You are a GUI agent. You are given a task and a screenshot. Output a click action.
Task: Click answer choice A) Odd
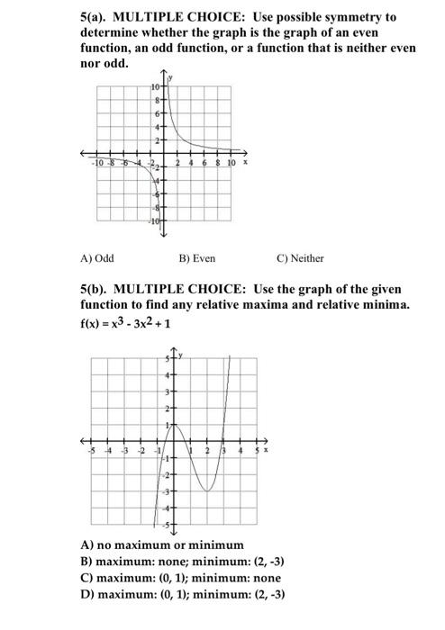[96, 258]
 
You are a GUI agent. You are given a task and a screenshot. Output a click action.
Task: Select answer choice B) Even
[196, 258]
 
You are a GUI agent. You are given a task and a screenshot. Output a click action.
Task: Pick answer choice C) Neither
[300, 258]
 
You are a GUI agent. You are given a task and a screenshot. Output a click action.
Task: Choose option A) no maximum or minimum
[162, 544]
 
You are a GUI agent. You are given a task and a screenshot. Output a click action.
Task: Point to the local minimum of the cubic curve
[207, 490]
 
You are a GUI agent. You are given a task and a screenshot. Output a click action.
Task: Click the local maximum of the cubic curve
[174, 424]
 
